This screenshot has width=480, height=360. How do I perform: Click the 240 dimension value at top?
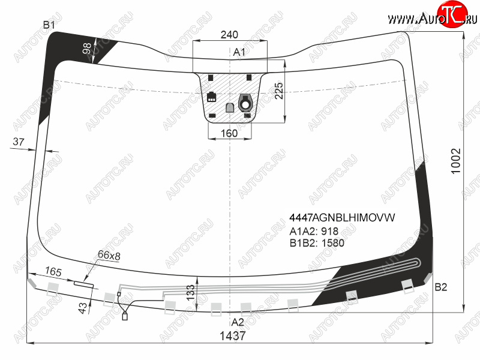pyautogui.click(x=229, y=35)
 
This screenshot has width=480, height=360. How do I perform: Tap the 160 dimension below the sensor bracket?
pyautogui.click(x=229, y=133)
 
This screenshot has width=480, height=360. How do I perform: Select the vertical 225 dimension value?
pyautogui.click(x=279, y=91)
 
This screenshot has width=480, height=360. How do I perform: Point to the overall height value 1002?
pyautogui.click(x=455, y=161)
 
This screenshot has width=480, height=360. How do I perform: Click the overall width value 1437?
pyautogui.click(x=233, y=336)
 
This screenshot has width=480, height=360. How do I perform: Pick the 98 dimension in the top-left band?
pyautogui.click(x=87, y=49)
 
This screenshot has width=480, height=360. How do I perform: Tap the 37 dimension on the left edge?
pyautogui.click(x=19, y=142)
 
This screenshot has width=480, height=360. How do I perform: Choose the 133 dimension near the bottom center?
pyautogui.click(x=190, y=292)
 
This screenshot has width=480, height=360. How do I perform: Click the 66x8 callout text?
pyautogui.click(x=109, y=255)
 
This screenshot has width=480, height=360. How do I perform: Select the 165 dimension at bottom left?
pyautogui.click(x=53, y=271)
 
